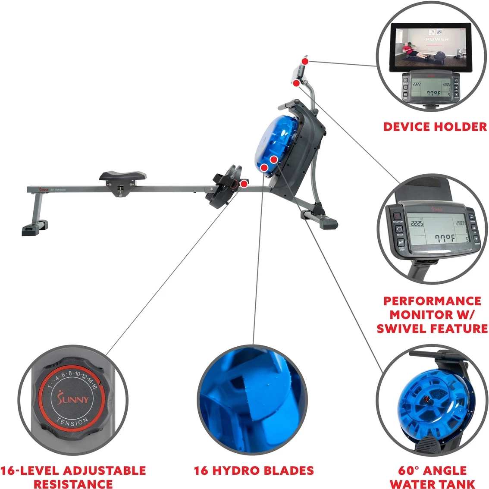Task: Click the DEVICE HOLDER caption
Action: coord(435,127)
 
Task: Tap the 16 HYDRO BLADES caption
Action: coord(254,470)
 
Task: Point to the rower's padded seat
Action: coord(122,176)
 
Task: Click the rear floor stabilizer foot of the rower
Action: coord(34,228)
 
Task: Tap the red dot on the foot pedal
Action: coord(244,184)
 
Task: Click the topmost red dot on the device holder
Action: coord(305,61)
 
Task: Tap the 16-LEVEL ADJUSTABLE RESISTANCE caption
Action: coord(73,477)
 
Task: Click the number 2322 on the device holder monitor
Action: coord(417,85)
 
